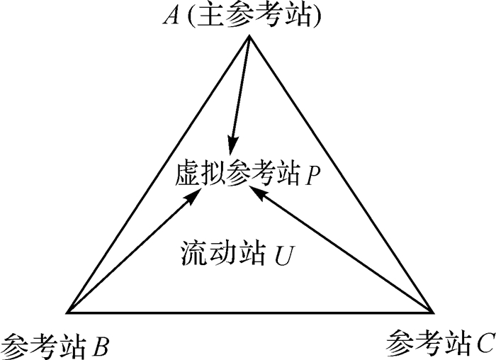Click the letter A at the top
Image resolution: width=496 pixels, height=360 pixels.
point(171,16)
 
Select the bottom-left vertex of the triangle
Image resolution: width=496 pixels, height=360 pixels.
point(67,312)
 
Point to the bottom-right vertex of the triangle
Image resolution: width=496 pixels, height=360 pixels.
point(432,312)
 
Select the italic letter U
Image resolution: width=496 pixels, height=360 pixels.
point(281,254)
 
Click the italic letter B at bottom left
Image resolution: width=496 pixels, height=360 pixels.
point(101,347)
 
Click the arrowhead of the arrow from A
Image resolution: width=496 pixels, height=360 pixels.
point(230,143)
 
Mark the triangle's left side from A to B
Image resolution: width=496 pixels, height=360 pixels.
point(158,174)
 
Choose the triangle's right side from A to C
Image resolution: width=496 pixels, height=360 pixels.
point(341,174)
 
